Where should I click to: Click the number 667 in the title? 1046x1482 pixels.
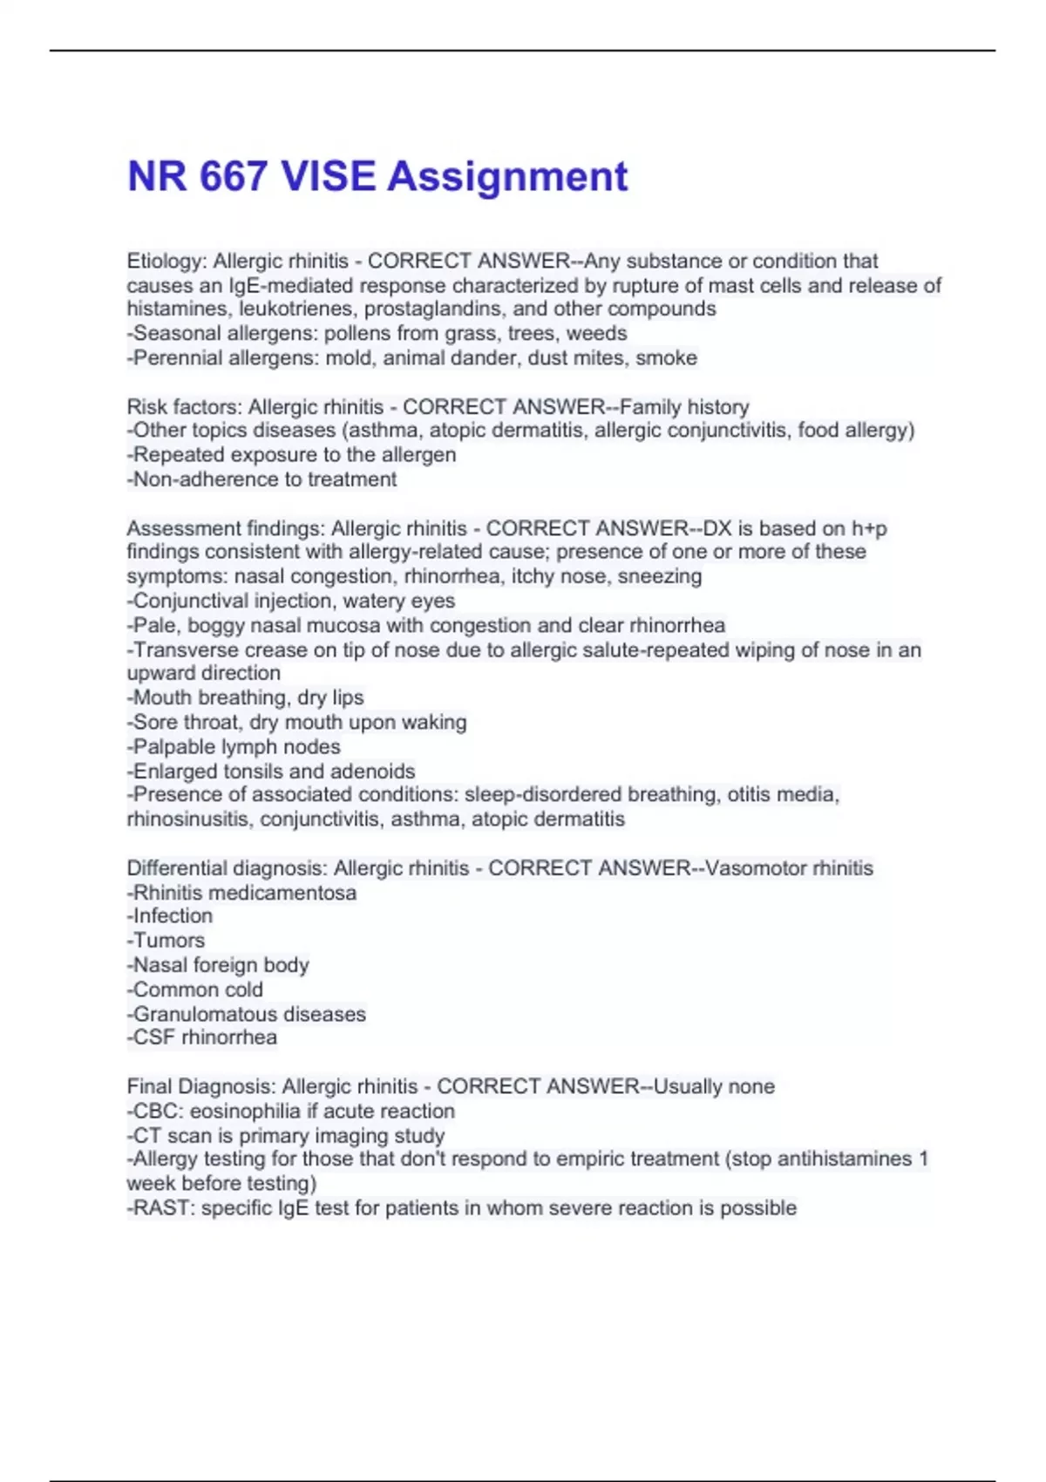[233, 176]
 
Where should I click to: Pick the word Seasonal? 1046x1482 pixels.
[177, 333]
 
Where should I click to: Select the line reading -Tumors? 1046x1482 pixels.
[166, 940]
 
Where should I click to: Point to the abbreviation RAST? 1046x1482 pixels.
[160, 1207]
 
